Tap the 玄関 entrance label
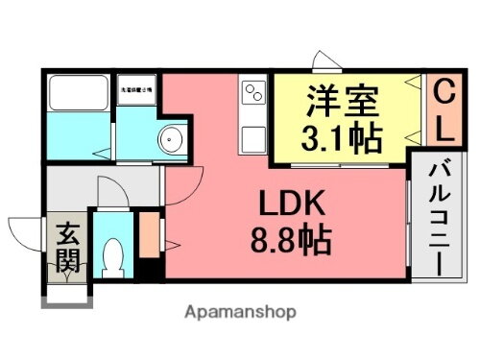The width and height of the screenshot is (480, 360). (x=66, y=246)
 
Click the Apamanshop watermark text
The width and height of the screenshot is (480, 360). (x=239, y=312)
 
